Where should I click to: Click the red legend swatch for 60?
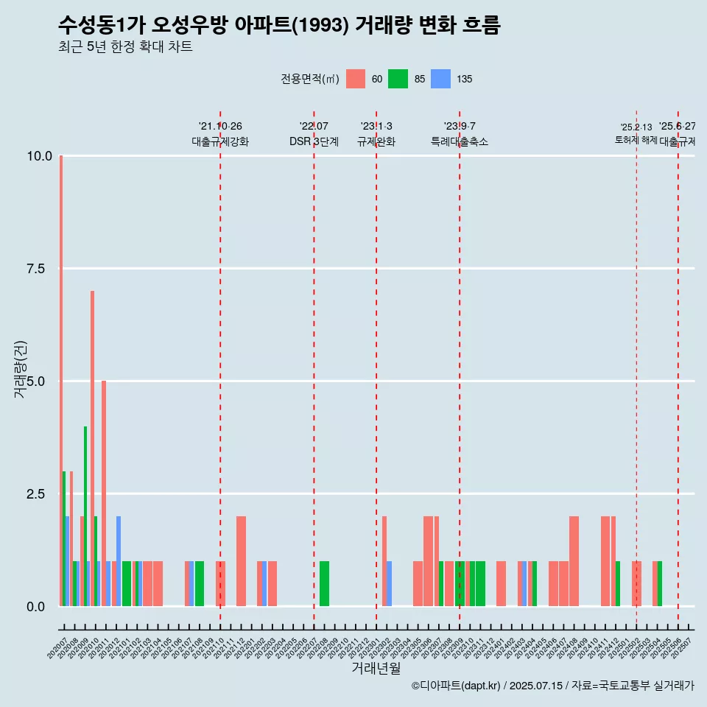(x=356, y=79)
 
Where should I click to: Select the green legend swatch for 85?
(x=398, y=79)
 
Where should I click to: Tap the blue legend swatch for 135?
(x=440, y=79)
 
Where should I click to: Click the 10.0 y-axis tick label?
(x=39, y=156)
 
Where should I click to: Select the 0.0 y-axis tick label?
(x=36, y=607)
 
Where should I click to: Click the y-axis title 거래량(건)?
(x=20, y=368)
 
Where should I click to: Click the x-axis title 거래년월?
(x=376, y=669)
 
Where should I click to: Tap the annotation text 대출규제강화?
(x=220, y=141)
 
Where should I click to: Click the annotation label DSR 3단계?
(x=314, y=141)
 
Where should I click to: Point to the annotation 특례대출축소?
(x=460, y=141)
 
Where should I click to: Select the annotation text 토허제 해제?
(x=636, y=140)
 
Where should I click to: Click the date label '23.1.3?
(x=376, y=127)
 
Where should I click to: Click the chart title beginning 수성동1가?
(x=279, y=26)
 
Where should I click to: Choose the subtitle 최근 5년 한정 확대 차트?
(x=125, y=47)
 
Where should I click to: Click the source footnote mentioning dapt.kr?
(x=552, y=686)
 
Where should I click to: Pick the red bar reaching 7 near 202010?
(x=92, y=449)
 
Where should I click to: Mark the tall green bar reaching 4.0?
(x=85, y=516)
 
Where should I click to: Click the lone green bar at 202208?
(x=324, y=584)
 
